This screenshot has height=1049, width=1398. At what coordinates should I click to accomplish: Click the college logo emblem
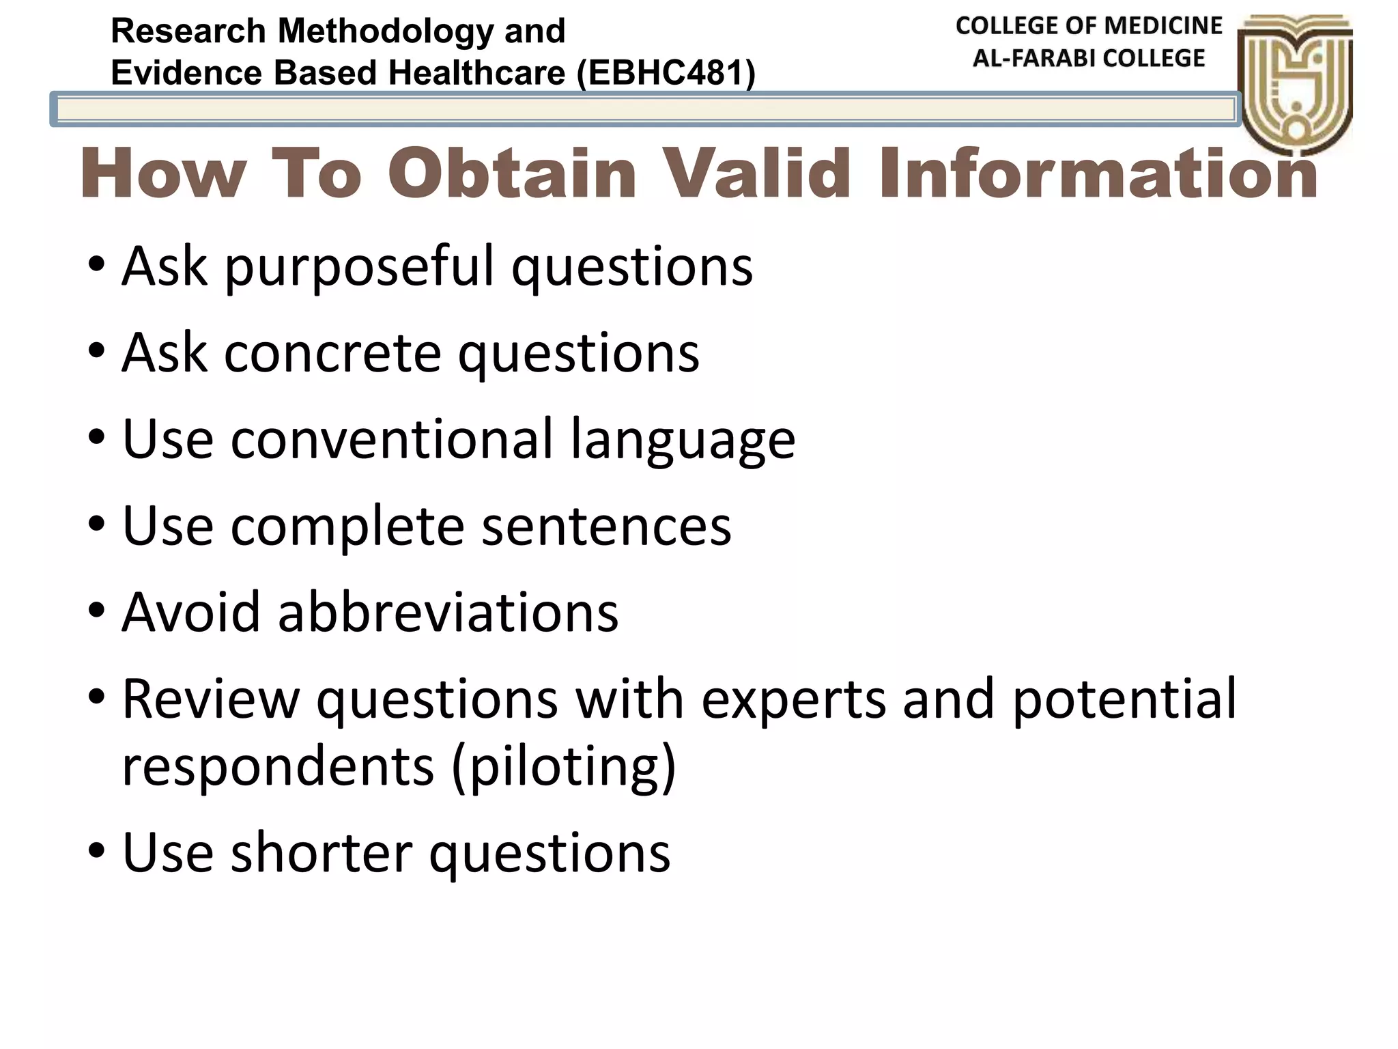pyautogui.click(x=1295, y=82)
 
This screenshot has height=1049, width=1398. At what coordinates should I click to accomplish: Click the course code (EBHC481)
pyautogui.click(x=666, y=73)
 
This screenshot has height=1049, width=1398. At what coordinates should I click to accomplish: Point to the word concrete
pyautogui.click(x=332, y=353)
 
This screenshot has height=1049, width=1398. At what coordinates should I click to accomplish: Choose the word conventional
pyautogui.click(x=392, y=439)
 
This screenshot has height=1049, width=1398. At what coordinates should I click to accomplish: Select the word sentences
pyautogui.click(x=606, y=526)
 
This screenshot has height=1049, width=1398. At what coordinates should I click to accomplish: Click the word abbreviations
pyautogui.click(x=448, y=612)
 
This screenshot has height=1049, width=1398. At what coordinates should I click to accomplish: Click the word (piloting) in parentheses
pyautogui.click(x=564, y=766)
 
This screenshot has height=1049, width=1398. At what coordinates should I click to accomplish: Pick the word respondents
pyautogui.click(x=278, y=766)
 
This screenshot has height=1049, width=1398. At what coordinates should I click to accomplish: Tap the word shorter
pyautogui.click(x=322, y=852)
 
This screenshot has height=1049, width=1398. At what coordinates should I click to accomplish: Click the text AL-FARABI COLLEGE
pyautogui.click(x=1089, y=59)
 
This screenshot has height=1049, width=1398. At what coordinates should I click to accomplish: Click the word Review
pyautogui.click(x=211, y=699)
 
